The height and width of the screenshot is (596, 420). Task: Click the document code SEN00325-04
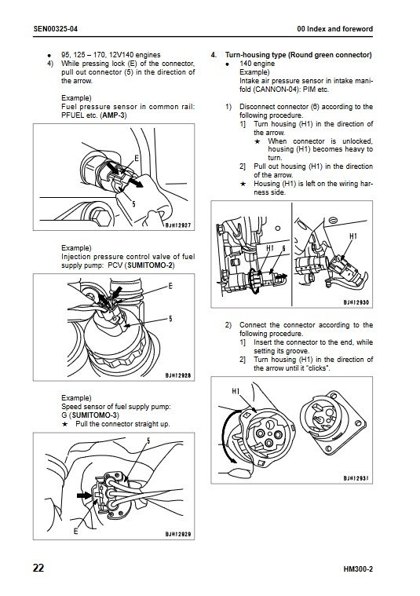point(56,29)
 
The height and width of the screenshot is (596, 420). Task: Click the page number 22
point(38,568)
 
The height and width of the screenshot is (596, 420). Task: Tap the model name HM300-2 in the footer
point(358,569)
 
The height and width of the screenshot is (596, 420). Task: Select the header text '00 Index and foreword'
point(334,29)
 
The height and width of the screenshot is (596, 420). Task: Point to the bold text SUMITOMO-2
point(150,265)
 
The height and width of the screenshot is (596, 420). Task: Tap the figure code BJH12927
point(178,225)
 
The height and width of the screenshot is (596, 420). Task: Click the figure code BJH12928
point(178,375)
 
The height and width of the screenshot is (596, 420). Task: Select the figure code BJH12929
point(178,535)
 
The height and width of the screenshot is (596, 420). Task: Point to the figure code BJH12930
point(356,302)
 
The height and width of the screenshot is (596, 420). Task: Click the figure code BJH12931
point(356,478)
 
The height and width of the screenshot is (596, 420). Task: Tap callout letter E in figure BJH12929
point(75,531)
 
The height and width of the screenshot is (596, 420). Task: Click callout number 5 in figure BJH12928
point(170,319)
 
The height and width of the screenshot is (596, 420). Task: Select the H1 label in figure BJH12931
point(236,391)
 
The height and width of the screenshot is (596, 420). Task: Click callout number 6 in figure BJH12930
point(283,249)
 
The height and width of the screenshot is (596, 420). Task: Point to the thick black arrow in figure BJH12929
point(85,495)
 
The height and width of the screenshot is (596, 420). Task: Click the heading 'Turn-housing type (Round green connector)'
point(298,55)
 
